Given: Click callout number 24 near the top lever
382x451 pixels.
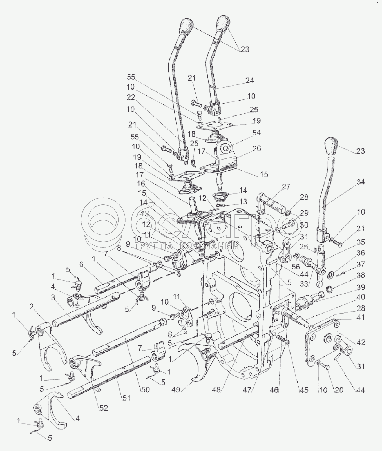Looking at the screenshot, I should [x=249, y=81].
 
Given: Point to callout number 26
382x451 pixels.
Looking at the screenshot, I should [x=256, y=148].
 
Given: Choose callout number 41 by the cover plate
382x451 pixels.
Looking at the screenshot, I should [x=361, y=318].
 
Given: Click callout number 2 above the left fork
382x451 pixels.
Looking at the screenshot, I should [x=32, y=306].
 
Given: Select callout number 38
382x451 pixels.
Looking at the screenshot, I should [x=361, y=276].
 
